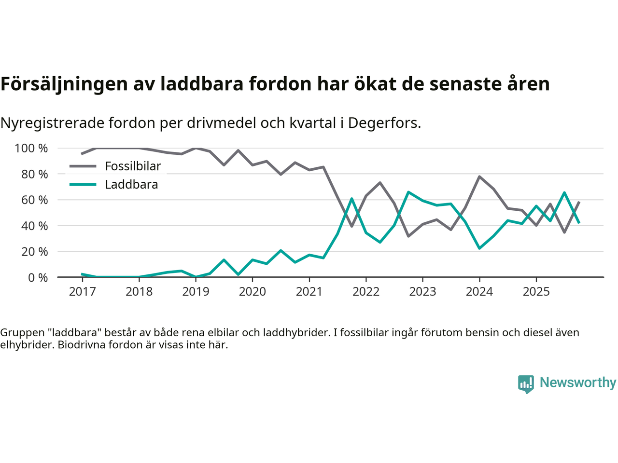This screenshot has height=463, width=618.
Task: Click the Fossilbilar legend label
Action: (133, 166)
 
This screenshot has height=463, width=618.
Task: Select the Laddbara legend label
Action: (131, 185)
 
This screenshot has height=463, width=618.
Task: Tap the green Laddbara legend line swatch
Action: (83, 185)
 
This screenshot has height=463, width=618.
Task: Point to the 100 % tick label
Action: (31, 148)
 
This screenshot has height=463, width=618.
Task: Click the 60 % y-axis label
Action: (34, 200)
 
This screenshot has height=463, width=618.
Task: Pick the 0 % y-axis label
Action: (38, 277)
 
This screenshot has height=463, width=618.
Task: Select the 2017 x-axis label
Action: (82, 291)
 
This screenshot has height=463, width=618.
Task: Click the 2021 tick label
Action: (309, 291)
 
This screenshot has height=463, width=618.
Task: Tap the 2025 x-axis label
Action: (536, 291)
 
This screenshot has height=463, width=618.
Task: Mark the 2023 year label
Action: (422, 291)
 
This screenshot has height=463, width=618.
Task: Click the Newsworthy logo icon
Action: (526, 384)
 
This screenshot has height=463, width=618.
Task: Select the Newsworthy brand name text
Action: (577, 382)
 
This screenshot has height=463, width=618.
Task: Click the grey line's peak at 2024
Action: (479, 177)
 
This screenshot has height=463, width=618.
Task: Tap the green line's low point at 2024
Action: (479, 248)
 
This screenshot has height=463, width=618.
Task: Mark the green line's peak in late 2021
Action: (351, 199)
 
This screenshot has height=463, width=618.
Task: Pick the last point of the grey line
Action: (579, 202)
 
